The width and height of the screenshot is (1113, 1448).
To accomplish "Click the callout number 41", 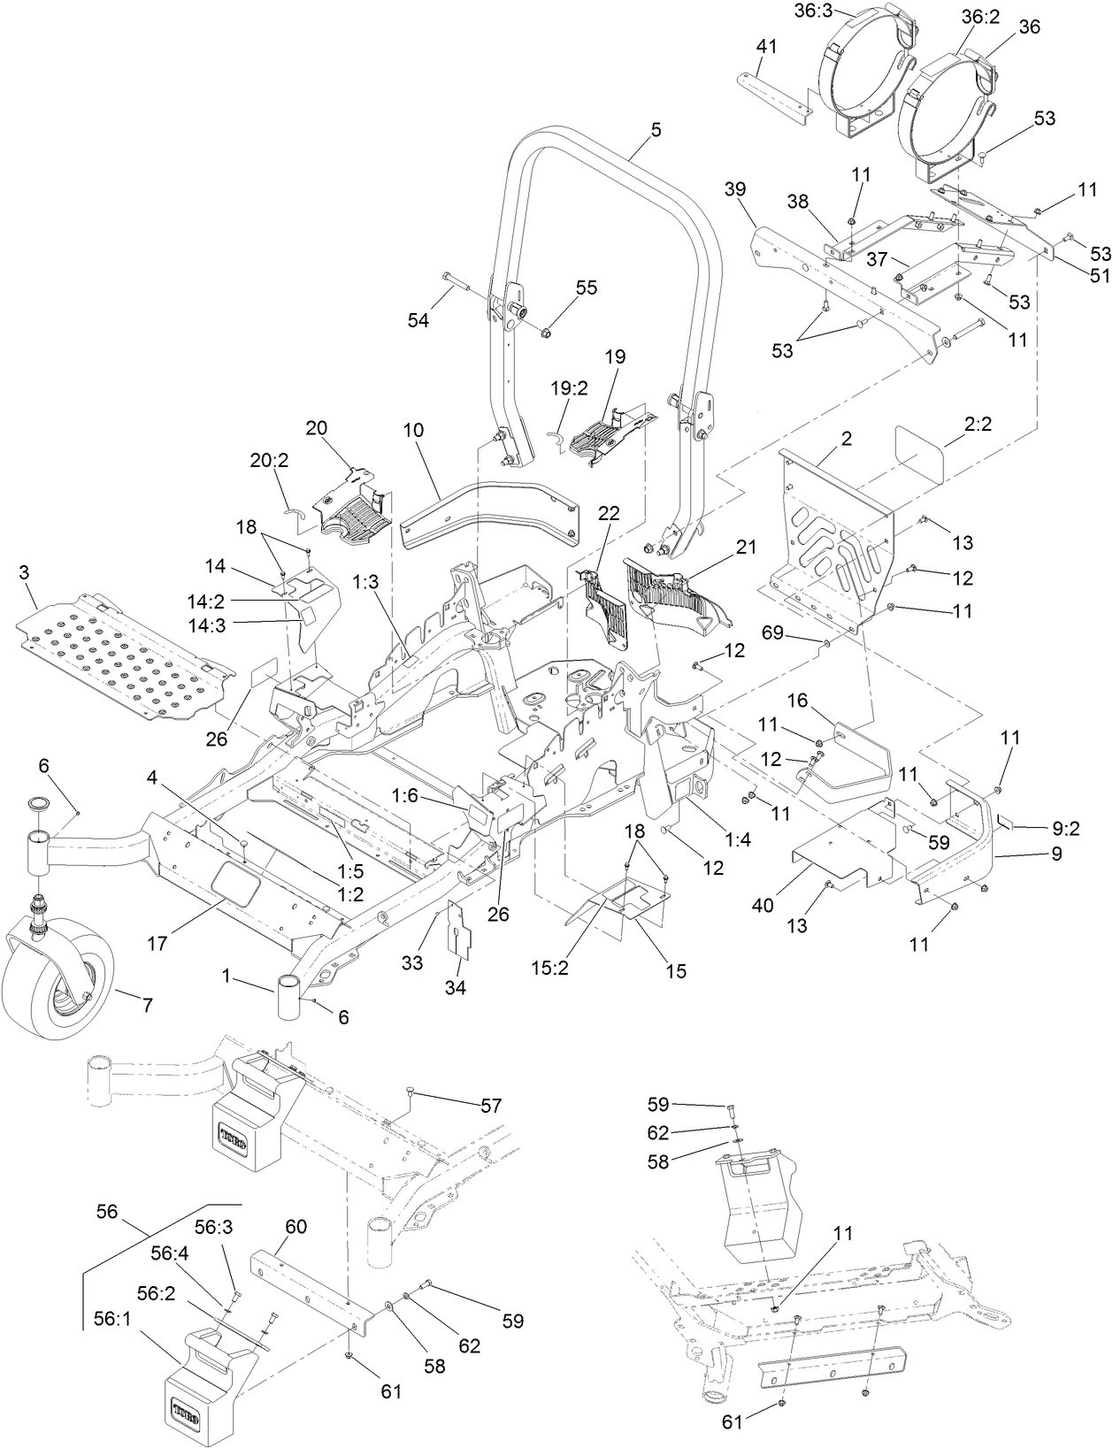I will click(766, 46).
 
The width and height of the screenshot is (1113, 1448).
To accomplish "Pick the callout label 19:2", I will click(569, 387).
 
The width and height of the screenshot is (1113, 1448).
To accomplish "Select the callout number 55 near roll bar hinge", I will click(587, 287).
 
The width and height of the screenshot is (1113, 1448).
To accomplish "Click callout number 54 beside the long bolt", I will click(418, 320).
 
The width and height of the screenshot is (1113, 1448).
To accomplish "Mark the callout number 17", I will click(157, 944).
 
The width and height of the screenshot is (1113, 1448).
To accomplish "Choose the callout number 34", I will click(456, 986).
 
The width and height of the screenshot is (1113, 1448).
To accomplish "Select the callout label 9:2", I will click(1065, 829).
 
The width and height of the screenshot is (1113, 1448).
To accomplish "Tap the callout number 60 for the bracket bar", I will click(295, 1226).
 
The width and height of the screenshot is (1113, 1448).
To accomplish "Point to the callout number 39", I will click(734, 189).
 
